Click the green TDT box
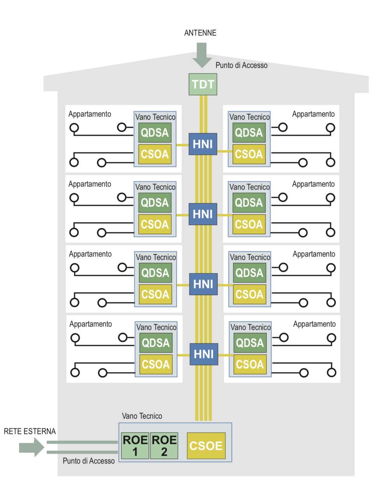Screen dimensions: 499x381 click(x=203, y=84)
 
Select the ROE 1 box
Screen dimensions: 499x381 click(x=135, y=446)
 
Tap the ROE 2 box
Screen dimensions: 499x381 click(x=164, y=446)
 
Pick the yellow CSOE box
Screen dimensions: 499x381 click(x=206, y=446)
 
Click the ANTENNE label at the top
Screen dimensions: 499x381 click(x=200, y=33)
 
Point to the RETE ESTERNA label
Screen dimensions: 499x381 click(x=30, y=431)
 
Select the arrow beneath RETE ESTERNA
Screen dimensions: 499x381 click(x=32, y=447)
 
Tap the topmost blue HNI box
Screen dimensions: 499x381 click(x=203, y=144)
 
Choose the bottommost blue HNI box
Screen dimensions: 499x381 click(x=204, y=354)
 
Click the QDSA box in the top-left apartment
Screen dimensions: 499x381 click(x=155, y=133)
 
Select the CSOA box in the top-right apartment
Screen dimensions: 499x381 click(x=249, y=154)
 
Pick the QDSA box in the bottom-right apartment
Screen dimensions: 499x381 click(x=250, y=343)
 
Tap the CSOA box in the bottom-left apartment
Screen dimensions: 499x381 click(x=156, y=365)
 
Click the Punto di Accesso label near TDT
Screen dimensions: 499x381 click(x=241, y=65)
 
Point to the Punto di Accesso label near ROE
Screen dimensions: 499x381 click(x=89, y=461)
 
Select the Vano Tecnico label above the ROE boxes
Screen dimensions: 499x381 click(x=142, y=416)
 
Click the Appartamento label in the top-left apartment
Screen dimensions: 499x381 click(x=90, y=114)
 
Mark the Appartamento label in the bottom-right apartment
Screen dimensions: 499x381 click(x=314, y=324)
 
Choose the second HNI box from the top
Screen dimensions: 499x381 click(x=203, y=214)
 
